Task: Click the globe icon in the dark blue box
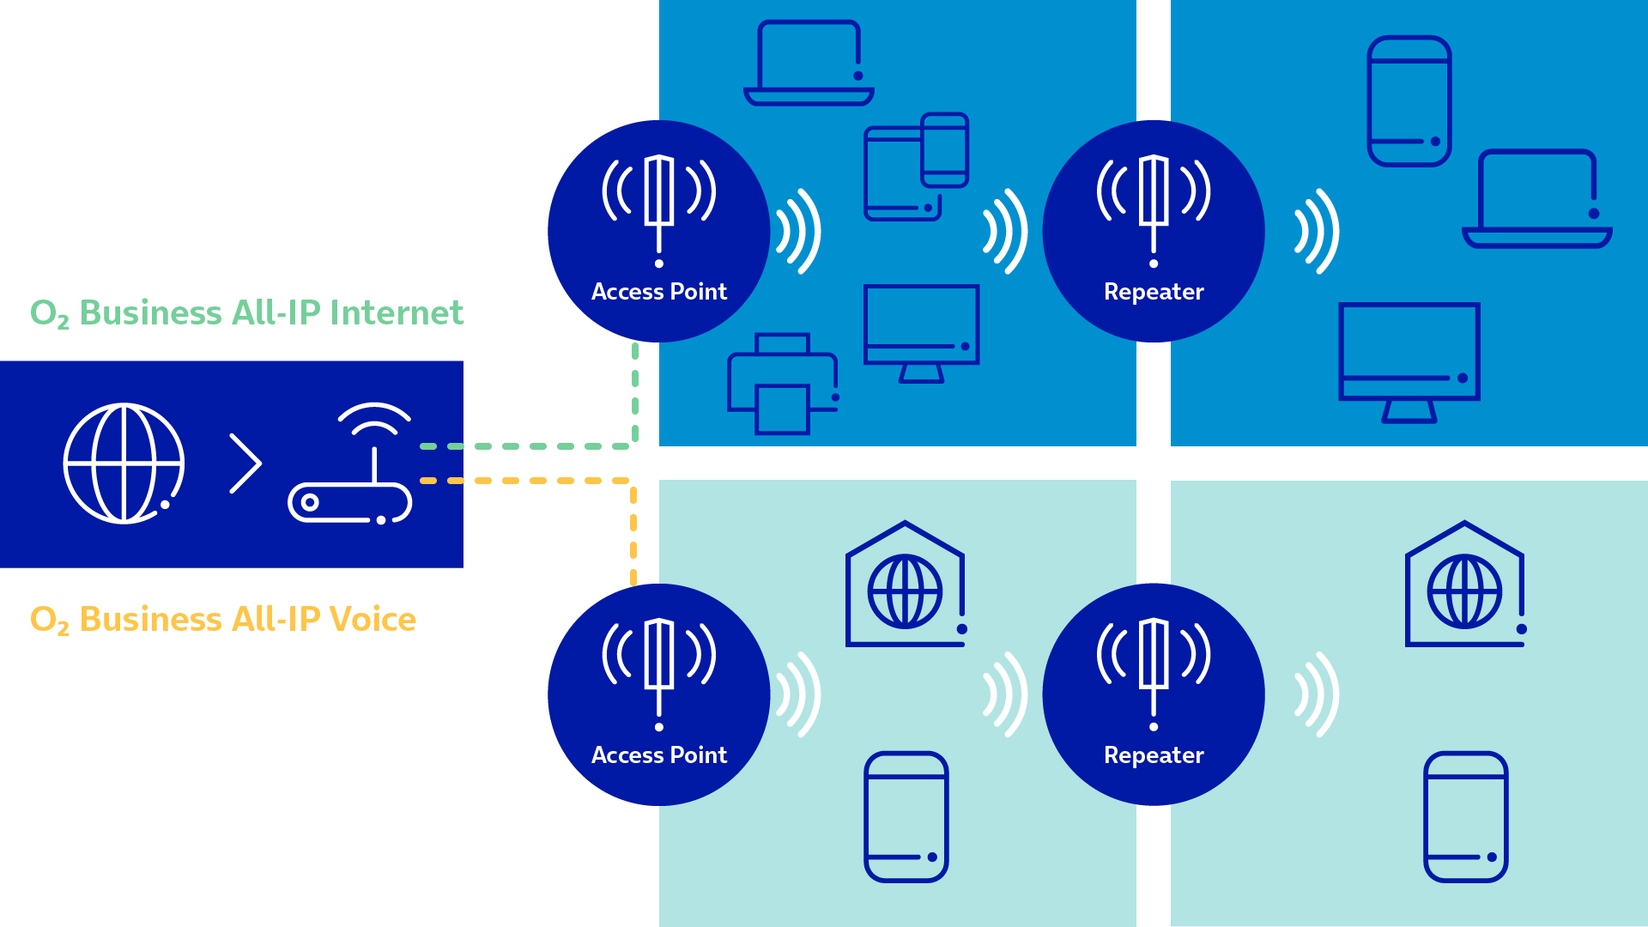[124, 463]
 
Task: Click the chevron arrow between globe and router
[246, 463]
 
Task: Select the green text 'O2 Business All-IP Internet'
[246, 313]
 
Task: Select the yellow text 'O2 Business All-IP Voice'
[223, 619]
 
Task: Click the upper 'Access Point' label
[659, 292]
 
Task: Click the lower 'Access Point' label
[659, 755]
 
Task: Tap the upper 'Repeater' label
[1154, 292]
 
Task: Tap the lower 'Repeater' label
[1154, 755]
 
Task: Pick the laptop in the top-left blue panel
[809, 64]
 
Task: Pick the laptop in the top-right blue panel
[1536, 199]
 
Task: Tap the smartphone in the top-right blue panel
[1409, 100]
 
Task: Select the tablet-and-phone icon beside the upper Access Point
[915, 167]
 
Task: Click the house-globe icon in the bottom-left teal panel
[906, 585]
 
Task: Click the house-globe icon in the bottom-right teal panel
[1465, 585]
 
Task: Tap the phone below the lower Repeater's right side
[1465, 817]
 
